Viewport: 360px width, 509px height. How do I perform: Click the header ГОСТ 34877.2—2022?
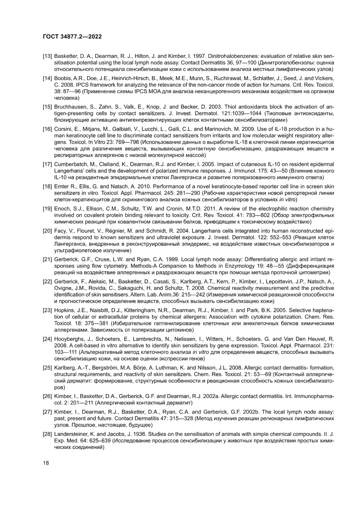point(72,37)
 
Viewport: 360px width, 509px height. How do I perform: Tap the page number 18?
point(46,463)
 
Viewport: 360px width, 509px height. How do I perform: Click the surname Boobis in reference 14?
point(62,78)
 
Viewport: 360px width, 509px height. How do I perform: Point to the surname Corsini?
point(64,129)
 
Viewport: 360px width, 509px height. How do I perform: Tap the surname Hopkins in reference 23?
point(64,311)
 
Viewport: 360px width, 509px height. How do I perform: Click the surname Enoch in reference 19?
point(62,209)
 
